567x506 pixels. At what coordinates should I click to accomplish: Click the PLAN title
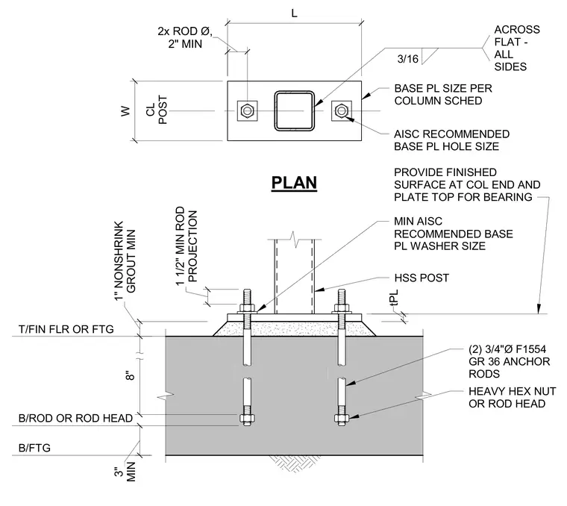click(294, 183)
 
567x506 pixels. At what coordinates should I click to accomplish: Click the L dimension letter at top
click(294, 13)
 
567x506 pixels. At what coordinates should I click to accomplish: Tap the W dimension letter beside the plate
click(125, 111)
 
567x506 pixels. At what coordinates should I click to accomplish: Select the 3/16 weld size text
click(407, 59)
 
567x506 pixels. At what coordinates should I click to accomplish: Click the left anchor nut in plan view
click(247, 110)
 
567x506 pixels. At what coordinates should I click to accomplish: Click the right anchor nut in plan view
click(341, 110)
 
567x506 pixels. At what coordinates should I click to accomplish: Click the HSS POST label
click(422, 278)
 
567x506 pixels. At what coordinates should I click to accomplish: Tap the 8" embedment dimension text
click(131, 375)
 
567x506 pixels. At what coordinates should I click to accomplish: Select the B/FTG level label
click(34, 448)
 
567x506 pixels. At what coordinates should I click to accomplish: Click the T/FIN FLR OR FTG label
click(66, 329)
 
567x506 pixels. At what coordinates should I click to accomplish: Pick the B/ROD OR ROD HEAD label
click(75, 418)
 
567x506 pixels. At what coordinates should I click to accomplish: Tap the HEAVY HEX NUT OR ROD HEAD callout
click(512, 398)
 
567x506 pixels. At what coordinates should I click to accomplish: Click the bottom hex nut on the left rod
click(247, 419)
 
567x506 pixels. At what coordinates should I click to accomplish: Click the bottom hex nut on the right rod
click(342, 419)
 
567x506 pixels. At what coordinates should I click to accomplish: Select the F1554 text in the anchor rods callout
click(531, 349)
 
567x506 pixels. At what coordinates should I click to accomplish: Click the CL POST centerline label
click(157, 110)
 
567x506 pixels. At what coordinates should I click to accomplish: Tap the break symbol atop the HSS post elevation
click(295, 240)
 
